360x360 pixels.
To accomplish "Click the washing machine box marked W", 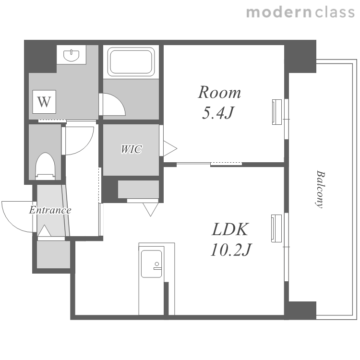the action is (44, 102).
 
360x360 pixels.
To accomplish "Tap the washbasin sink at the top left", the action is (71, 55).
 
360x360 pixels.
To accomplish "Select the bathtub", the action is (131, 62).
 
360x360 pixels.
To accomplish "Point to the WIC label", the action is (131, 149).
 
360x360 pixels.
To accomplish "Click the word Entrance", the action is (50, 210).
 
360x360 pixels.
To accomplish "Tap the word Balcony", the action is (320, 189).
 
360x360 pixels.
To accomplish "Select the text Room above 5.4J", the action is (219, 92).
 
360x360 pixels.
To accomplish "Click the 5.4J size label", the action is (217, 113).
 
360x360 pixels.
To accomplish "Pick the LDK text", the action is (230, 229).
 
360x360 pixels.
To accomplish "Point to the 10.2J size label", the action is (231, 250).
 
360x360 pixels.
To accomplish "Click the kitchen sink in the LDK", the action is (151, 264).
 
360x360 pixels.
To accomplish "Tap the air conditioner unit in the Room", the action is (277, 112).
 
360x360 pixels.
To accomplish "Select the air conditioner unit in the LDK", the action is (276, 228).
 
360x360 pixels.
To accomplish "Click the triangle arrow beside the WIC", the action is (170, 149).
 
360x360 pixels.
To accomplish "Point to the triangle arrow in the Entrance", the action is (44, 230).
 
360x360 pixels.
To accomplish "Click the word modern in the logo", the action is (279, 12).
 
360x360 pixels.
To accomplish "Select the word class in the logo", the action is (335, 12).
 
